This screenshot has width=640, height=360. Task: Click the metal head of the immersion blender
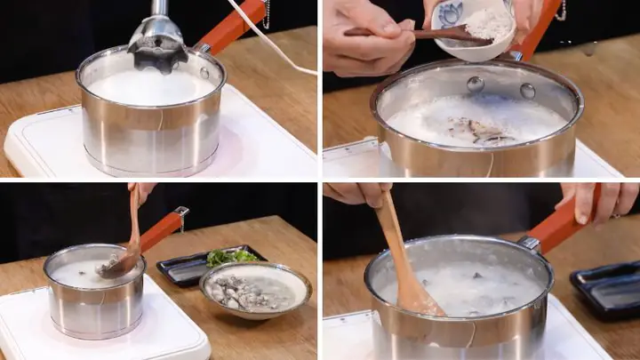[x=156, y=39]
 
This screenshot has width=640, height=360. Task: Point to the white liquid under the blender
[x=151, y=87]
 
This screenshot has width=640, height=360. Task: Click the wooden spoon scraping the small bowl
[x=418, y=34]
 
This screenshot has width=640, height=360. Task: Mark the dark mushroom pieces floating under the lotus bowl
[x=480, y=132]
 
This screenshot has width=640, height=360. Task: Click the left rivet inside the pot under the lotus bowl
[x=476, y=84]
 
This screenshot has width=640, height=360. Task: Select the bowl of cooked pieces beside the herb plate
[x=255, y=290]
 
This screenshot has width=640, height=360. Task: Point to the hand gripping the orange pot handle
[x=604, y=203]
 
